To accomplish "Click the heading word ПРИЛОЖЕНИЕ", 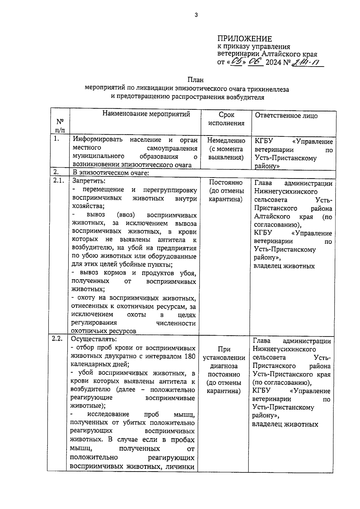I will coord(244,39).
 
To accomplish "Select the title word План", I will coord(195,80).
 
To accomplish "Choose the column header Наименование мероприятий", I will coord(146,114).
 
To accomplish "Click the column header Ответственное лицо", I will coord(286,116).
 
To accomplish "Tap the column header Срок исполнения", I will coord(226,119).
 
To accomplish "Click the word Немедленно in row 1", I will coord(226,141).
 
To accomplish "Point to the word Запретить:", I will coord(88,181).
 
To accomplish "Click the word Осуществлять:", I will coord(94,339).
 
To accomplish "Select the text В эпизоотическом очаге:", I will coord(111,173).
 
